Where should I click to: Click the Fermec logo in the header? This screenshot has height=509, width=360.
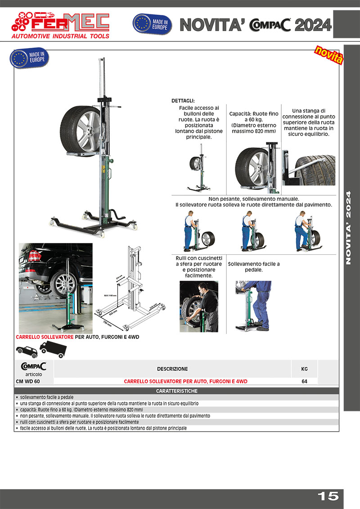60,25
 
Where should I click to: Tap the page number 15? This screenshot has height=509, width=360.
328,496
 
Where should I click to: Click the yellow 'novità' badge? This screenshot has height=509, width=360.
328,55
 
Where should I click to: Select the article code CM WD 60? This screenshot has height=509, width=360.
28,381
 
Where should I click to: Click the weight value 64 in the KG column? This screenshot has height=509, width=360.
304,381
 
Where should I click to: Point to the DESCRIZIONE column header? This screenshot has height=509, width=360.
172,369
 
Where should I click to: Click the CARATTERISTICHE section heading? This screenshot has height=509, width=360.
176,391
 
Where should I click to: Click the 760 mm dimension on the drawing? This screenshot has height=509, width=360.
107,323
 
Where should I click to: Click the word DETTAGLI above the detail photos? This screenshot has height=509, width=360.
183,101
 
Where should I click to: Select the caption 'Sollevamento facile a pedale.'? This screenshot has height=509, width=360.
254,267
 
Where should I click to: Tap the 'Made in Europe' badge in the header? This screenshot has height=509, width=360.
152,24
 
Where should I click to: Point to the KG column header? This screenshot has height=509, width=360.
304,369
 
